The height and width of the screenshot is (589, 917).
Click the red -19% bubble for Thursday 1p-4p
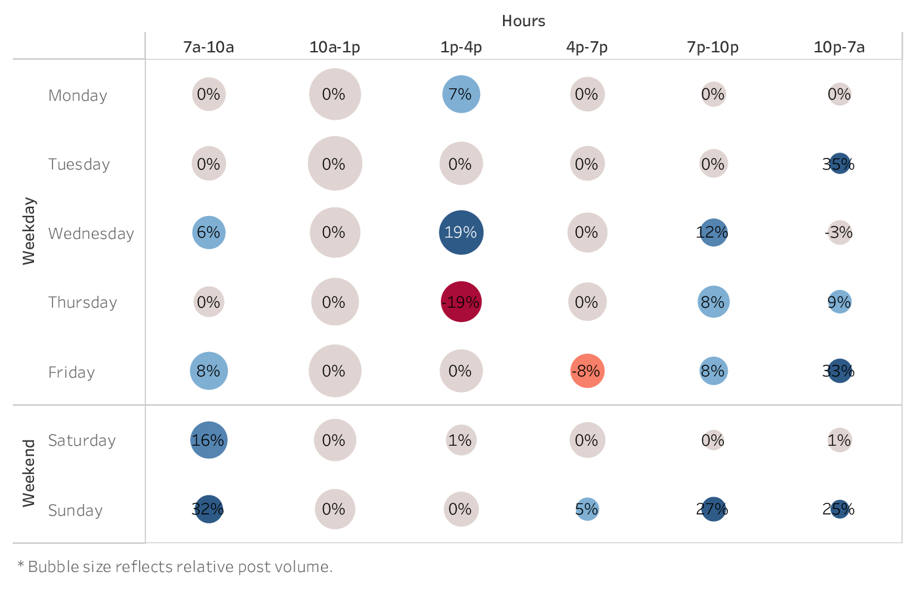(461, 302)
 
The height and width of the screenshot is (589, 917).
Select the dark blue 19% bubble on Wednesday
(461, 232)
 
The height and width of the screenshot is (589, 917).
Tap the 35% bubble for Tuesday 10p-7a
(839, 164)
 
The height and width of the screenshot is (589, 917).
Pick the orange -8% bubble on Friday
(587, 371)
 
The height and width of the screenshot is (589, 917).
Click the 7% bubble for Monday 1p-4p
(461, 94)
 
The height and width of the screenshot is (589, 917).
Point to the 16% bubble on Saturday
(209, 440)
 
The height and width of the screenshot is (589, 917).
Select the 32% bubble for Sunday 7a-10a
(208, 509)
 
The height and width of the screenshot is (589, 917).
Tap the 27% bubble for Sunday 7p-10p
(713, 509)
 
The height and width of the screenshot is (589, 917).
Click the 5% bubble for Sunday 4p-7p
(587, 509)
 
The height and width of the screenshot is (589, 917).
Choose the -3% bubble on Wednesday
(839, 232)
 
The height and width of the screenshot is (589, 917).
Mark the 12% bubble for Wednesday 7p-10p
(713, 232)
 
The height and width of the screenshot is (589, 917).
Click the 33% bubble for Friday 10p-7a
(839, 371)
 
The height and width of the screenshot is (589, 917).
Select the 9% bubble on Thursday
(839, 302)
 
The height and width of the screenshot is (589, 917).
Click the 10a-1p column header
(335, 47)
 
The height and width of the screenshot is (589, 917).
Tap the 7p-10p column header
(713, 47)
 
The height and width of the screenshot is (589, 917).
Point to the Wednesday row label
(91, 234)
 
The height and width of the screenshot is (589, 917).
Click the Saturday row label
(82, 440)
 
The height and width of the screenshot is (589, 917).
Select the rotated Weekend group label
(29, 473)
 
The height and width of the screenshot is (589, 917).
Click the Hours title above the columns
(523, 21)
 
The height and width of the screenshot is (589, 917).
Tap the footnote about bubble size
(175, 567)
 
